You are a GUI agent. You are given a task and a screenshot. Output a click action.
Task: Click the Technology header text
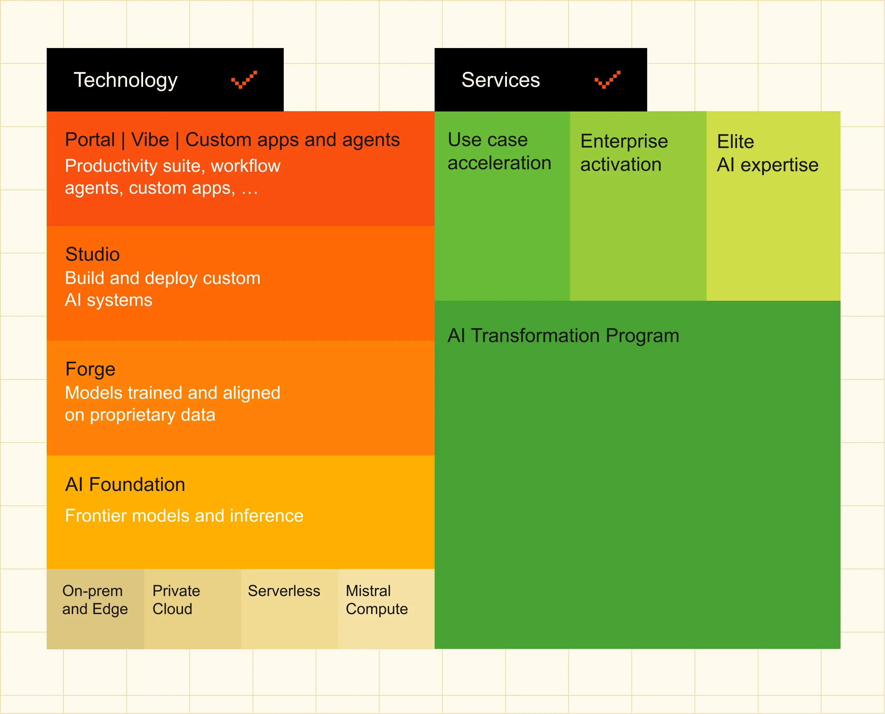point(125,80)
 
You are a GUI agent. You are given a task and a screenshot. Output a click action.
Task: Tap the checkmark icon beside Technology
point(244,79)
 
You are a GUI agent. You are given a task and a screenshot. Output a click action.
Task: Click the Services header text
point(501,80)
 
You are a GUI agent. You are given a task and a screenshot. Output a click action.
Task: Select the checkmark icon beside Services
point(608,79)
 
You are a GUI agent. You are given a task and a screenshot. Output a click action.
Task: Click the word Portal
point(90,140)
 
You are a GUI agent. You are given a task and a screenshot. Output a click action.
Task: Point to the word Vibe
point(150,140)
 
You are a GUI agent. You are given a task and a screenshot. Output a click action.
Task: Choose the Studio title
point(92,254)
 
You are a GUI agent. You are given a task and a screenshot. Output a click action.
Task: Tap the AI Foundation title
point(125,484)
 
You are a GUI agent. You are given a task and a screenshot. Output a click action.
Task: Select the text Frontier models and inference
point(184,516)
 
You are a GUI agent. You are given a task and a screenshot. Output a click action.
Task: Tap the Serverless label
point(284,591)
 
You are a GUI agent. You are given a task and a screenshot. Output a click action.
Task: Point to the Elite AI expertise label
point(768,153)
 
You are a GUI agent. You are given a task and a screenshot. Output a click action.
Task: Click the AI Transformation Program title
point(563,336)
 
